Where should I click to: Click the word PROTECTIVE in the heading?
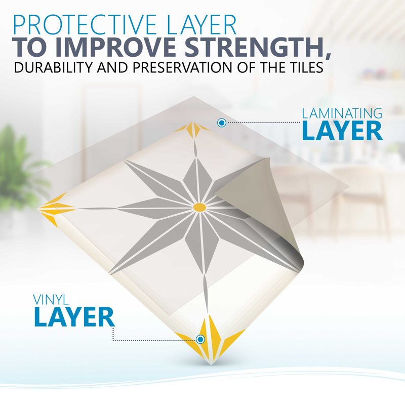click(x=85, y=25)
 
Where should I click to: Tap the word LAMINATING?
click(x=342, y=113)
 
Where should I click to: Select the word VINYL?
click(x=51, y=300)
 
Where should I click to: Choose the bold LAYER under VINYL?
click(x=74, y=317)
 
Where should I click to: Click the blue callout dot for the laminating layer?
click(x=222, y=123)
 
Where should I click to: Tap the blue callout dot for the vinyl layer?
click(x=200, y=339)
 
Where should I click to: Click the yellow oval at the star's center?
click(x=199, y=207)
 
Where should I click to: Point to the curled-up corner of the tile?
click(x=258, y=207)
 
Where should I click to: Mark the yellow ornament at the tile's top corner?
click(x=193, y=129)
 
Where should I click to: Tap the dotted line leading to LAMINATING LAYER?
click(x=263, y=123)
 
